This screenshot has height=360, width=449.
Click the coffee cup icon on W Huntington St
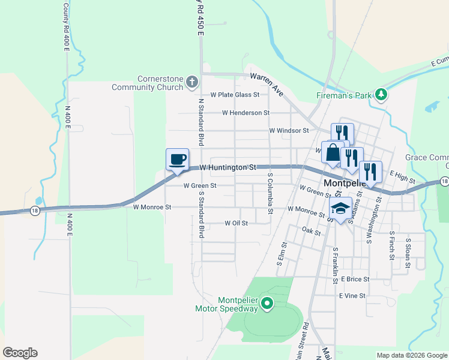pyautogui.click(x=177, y=160)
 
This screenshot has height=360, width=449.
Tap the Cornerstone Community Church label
pyautogui.click(x=147, y=83)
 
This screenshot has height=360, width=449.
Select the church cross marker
pyautogui.click(x=191, y=82)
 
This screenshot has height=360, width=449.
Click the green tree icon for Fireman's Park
pyautogui.click(x=380, y=94)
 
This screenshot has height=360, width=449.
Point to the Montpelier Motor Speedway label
pyautogui.click(x=226, y=304)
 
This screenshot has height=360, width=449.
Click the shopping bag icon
pyautogui.click(x=333, y=152)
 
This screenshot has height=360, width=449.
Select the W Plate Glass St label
pyautogui.click(x=235, y=95)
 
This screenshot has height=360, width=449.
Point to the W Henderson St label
pyautogui.click(x=246, y=112)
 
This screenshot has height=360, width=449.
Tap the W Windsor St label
pyautogui.click(x=289, y=130)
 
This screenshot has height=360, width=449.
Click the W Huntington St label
pyautogui.click(x=228, y=167)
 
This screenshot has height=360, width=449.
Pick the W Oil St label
pyautogui.click(x=236, y=223)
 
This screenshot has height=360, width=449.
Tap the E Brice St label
pyautogui.click(x=355, y=279)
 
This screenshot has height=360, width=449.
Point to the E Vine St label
pyautogui.click(x=352, y=296)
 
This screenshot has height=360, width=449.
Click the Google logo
pyautogui.click(x=20, y=353)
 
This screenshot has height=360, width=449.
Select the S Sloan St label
pyautogui.click(x=408, y=248)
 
